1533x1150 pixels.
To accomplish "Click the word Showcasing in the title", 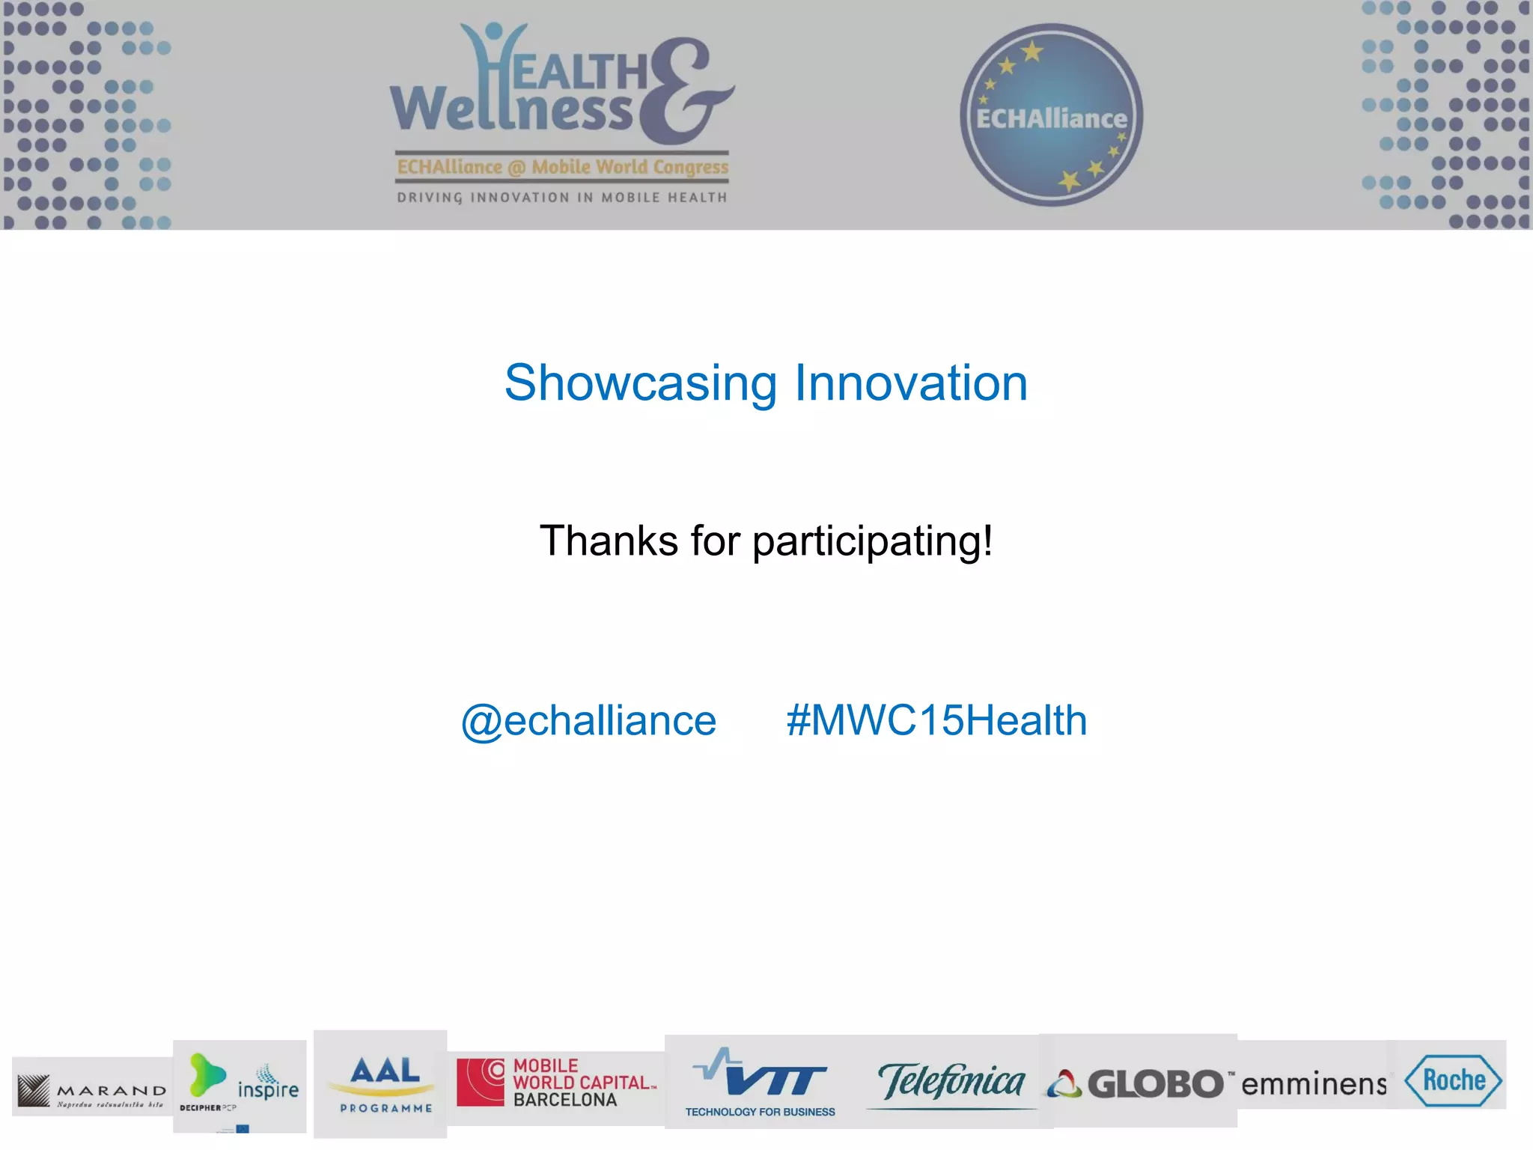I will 641,383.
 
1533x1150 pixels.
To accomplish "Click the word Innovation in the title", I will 910,383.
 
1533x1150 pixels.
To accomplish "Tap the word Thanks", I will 609,541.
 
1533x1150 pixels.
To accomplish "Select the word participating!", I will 873,542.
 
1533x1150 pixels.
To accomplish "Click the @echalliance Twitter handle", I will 589,721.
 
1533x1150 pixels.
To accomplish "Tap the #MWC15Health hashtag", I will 936,721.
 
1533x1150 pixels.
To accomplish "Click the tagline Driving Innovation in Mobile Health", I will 562,198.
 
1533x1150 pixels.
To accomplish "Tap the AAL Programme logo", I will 385,1083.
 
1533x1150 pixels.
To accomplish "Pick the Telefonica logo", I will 951,1083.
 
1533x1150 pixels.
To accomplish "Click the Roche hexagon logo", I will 1453,1080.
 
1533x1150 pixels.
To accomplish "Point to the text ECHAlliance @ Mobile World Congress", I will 562,167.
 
